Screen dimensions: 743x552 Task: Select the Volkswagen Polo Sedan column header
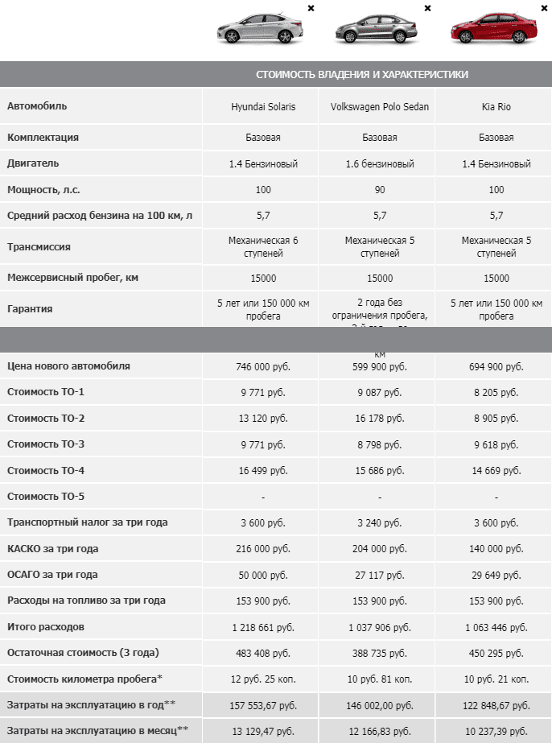pyautogui.click(x=380, y=107)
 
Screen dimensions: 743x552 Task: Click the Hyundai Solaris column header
pyautogui.click(x=263, y=107)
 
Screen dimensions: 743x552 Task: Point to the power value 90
pyautogui.click(x=380, y=190)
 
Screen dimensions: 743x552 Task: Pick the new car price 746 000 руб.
pyautogui.click(x=263, y=366)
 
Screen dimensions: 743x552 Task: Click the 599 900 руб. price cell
pyautogui.click(x=380, y=366)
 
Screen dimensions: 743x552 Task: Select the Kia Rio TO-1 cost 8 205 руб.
pyautogui.click(x=496, y=393)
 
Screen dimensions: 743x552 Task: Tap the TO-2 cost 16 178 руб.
pyautogui.click(x=380, y=419)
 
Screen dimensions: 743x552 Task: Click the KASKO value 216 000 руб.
pyautogui.click(x=263, y=549)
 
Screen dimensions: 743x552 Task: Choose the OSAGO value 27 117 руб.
pyautogui.click(x=380, y=575)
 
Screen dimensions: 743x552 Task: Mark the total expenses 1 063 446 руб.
pyautogui.click(x=496, y=627)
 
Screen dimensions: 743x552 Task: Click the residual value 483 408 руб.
pyautogui.click(x=263, y=653)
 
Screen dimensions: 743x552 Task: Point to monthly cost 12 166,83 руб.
pyautogui.click(x=380, y=731)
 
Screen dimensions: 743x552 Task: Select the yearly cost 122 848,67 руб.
pyautogui.click(x=496, y=705)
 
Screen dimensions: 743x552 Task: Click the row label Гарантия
pyautogui.click(x=31, y=308)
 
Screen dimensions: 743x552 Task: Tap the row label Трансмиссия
pyautogui.click(x=39, y=247)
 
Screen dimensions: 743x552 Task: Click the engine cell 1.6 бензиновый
pyautogui.click(x=380, y=164)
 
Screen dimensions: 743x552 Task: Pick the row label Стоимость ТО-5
pyautogui.click(x=57, y=497)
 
